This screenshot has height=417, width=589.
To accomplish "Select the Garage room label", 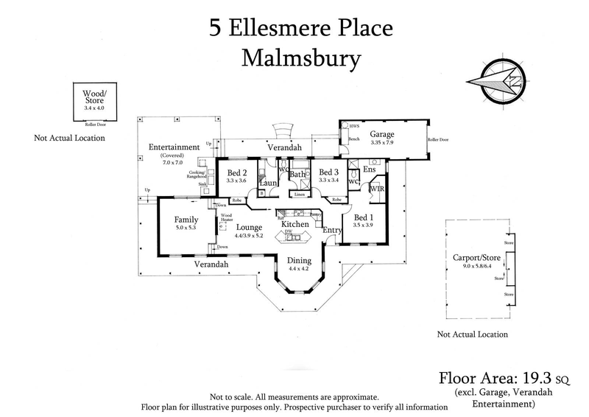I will click(x=382, y=136).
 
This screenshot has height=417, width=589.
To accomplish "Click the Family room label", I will click(x=186, y=220).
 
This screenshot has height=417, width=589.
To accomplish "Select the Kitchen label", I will click(x=295, y=223).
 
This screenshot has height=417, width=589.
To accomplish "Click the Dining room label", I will click(x=300, y=260).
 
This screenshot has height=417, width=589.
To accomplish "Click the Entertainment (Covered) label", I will click(x=174, y=147).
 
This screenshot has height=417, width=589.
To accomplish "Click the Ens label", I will click(x=370, y=169).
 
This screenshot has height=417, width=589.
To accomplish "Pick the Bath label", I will click(x=297, y=175).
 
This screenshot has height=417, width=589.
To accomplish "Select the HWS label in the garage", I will click(x=354, y=126).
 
